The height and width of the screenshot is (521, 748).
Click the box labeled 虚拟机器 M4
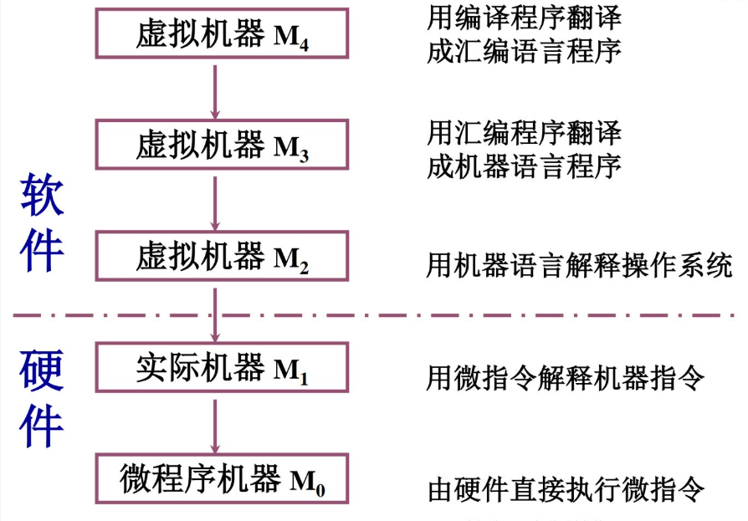222,34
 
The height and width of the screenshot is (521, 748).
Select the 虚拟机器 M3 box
222,145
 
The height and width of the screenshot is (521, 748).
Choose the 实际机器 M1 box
222,368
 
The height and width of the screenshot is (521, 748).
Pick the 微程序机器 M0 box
222,478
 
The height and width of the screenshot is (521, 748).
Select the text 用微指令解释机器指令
566,378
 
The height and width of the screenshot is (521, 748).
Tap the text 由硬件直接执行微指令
566,489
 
